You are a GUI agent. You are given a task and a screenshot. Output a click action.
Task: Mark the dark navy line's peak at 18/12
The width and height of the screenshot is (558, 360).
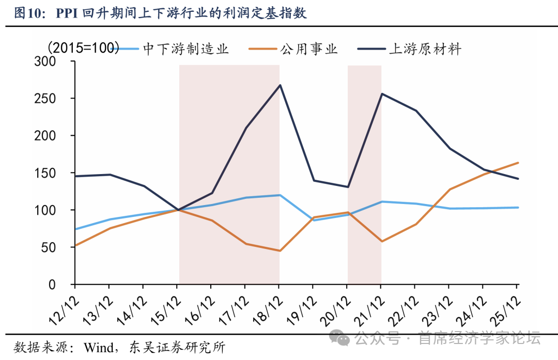click(280, 85)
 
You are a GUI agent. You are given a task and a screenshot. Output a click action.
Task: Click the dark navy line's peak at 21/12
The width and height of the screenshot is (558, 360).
click(381, 93)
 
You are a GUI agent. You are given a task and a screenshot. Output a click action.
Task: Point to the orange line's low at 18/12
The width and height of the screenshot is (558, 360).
click(280, 251)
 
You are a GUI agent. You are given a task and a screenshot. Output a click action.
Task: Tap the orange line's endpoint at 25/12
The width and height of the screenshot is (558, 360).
click(518, 163)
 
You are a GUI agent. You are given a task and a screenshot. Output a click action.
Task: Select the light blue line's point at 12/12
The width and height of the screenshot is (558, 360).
click(75, 229)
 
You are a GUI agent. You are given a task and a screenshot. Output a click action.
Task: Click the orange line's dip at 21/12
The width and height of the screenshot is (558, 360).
click(381, 241)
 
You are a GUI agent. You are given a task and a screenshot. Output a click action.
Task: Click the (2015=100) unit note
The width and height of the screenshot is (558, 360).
click(83, 48)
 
